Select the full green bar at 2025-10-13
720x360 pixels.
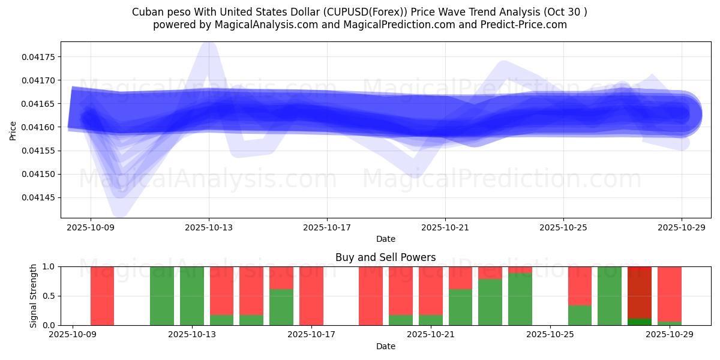192,296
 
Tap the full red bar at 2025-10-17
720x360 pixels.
311,296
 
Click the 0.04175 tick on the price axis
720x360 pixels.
39,57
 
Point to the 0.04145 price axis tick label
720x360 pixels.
39,197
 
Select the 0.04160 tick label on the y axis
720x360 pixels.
39,127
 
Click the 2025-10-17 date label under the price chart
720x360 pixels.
326,227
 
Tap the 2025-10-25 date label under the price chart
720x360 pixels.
563,227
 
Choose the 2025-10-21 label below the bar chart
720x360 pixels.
431,335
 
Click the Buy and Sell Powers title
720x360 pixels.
385,257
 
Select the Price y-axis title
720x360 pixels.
13,130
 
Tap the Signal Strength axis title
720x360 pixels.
34,296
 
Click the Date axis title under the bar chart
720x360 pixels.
385,346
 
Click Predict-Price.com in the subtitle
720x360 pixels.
520,25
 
